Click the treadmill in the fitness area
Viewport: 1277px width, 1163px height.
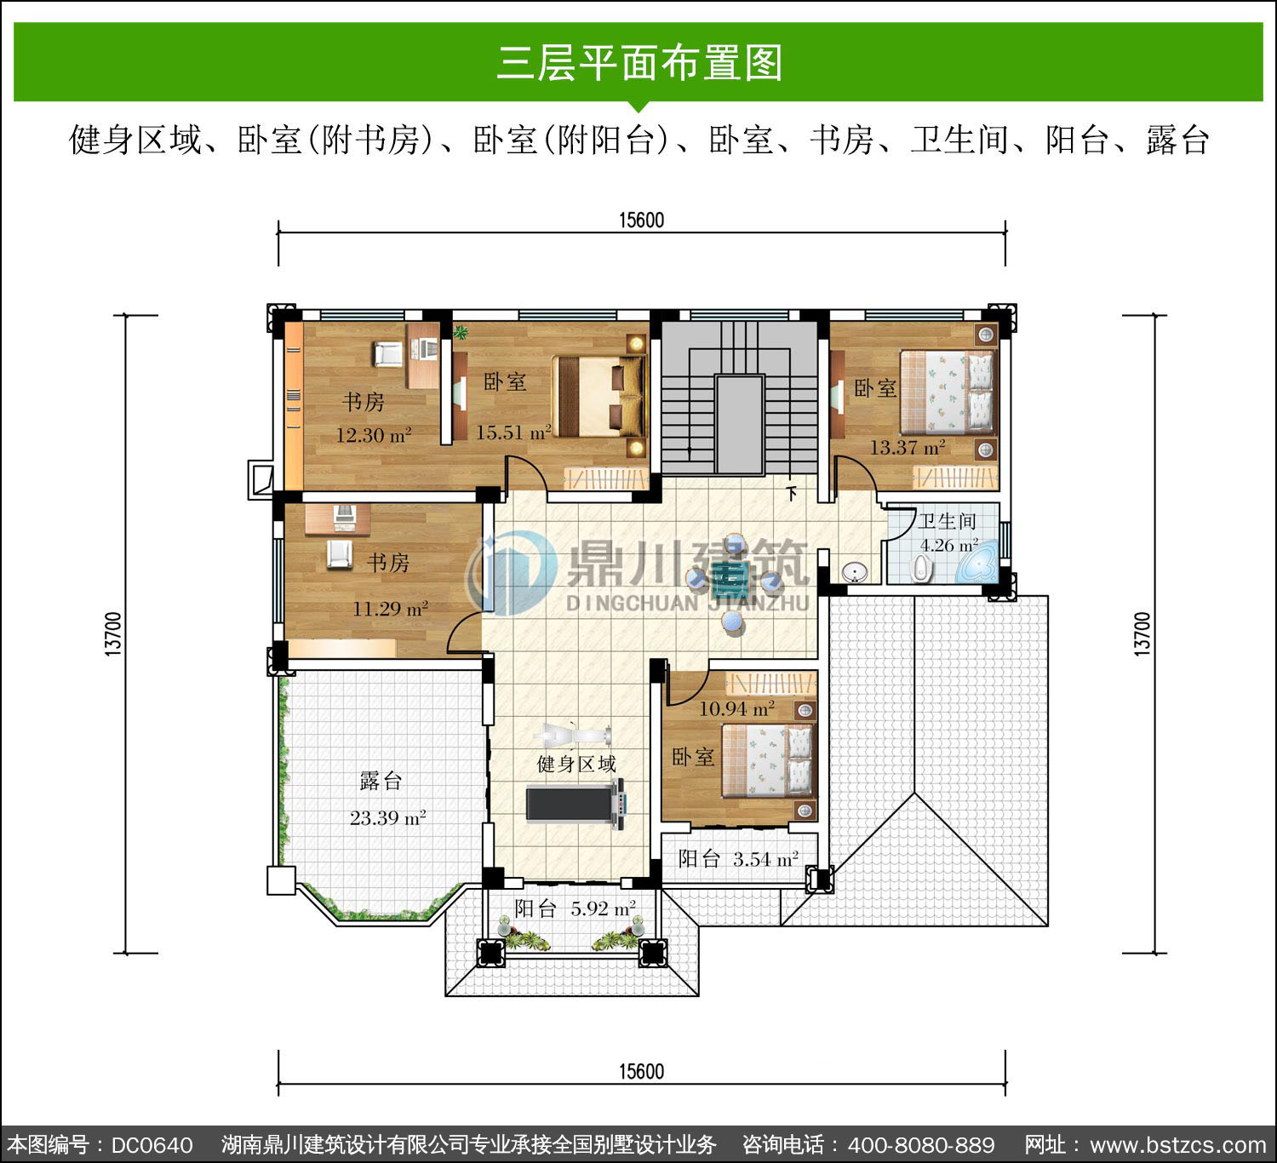(576, 803)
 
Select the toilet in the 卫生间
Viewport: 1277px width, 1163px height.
(920, 568)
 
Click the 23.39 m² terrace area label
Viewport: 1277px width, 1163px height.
(387, 818)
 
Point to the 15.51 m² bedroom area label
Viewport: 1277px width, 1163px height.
(513, 433)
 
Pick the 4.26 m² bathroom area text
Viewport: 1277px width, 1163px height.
(949, 545)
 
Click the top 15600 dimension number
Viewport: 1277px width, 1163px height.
(642, 221)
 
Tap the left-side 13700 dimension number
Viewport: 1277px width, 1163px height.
(112, 634)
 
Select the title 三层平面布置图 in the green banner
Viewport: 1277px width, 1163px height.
(639, 63)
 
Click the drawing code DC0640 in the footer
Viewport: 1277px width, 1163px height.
(152, 1145)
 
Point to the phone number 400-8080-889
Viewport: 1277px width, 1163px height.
(921, 1145)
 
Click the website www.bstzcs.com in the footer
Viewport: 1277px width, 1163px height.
(1178, 1145)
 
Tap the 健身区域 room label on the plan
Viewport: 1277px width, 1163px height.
(576, 764)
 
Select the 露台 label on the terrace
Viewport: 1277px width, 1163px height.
(381, 780)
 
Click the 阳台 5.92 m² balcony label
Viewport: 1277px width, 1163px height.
(575, 908)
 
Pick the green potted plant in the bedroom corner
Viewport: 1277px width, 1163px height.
(461, 332)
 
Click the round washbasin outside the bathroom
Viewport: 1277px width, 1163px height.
(854, 572)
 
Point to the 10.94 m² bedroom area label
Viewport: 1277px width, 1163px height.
(736, 708)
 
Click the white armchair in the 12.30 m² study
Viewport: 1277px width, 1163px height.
(387, 353)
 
